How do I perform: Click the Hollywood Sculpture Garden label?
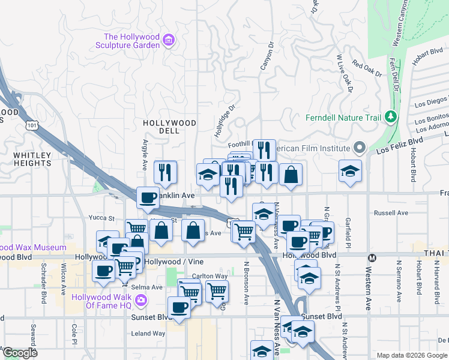point(131,41)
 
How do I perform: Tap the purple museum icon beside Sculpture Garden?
point(169,41)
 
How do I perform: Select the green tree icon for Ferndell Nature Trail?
point(391,117)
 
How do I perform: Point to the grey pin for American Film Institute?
point(360,148)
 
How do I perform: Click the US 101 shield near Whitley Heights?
point(31,125)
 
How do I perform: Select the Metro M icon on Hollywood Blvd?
point(372,258)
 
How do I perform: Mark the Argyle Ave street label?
point(145,156)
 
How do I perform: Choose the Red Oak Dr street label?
point(367,69)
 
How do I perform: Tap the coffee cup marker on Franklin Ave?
point(148,197)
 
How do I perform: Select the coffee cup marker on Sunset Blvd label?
point(179,307)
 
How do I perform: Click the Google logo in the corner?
point(20,353)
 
